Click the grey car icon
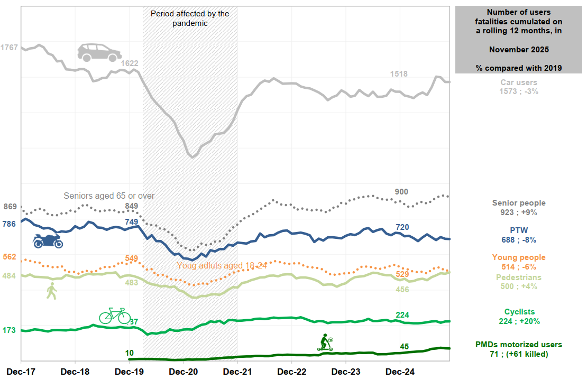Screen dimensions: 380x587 99,52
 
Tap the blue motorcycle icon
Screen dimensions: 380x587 48,241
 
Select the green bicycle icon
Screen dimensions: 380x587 115,316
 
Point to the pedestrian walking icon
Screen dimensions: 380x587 51,291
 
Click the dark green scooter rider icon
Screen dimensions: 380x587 325,342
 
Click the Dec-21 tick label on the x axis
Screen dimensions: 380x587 237,371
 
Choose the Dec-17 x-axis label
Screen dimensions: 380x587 21,371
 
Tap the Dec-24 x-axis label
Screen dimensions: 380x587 400,371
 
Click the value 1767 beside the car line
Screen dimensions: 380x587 9,48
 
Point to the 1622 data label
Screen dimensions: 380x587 130,63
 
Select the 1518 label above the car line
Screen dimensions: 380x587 399,74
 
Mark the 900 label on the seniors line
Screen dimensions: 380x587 401,191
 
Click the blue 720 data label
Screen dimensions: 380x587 402,227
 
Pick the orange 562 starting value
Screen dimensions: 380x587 10,257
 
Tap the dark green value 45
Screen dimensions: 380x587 404,347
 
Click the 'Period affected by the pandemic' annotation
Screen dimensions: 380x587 190,18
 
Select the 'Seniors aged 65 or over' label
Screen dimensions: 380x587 109,196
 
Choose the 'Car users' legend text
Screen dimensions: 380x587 519,82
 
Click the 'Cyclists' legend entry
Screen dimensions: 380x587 519,312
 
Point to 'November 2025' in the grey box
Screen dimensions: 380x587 519,49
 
